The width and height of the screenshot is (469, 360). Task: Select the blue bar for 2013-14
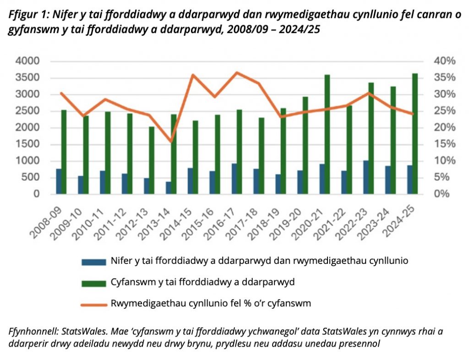click(169, 188)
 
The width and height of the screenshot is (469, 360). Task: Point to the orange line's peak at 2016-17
click(237, 72)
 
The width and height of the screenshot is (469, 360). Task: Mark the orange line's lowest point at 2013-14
click(171, 142)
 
